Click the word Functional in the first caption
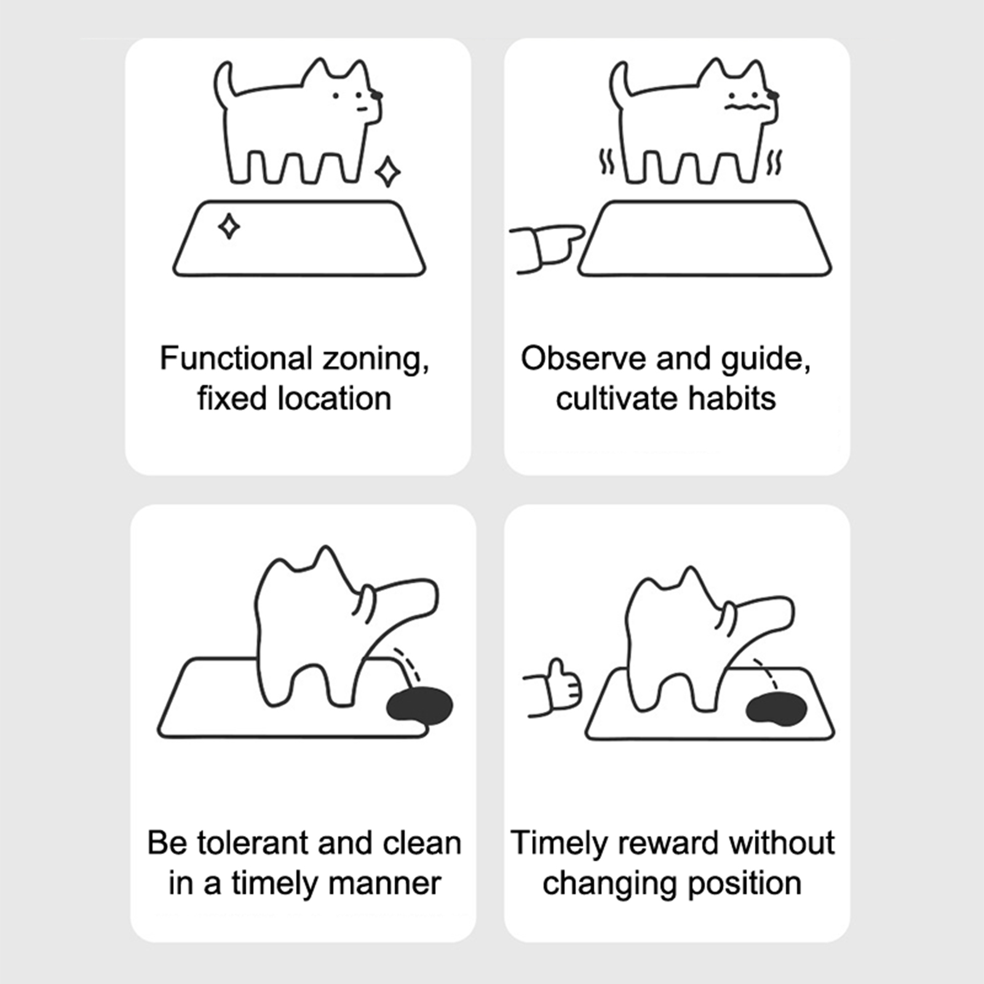[236, 358]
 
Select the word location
[335, 399]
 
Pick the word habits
[732, 399]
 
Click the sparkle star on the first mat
[229, 226]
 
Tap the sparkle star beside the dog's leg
[388, 172]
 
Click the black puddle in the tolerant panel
[419, 705]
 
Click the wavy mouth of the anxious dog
[747, 107]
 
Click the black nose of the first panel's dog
[376, 95]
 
